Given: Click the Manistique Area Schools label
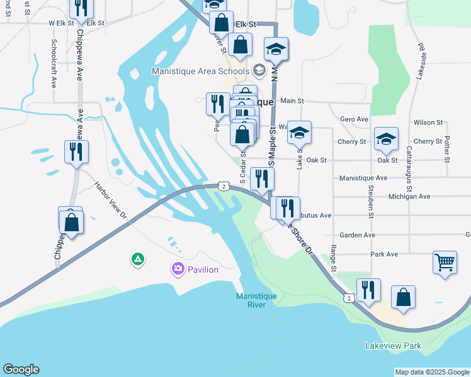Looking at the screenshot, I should pyautogui.click(x=200, y=70).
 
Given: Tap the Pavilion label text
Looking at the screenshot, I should pyautogui.click(x=201, y=270).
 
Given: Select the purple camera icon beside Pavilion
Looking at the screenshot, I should pyautogui.click(x=178, y=270).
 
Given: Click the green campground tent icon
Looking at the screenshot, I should pyautogui.click(x=137, y=258).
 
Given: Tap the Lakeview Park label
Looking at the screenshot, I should pyautogui.click(x=393, y=346).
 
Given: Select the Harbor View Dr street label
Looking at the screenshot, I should pyautogui.click(x=111, y=200).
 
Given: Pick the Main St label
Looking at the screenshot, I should pyautogui.click(x=292, y=101).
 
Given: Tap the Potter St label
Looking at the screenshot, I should pyautogui.click(x=446, y=149).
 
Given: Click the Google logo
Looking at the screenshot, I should pyautogui.click(x=21, y=369).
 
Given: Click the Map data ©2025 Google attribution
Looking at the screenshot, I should pyautogui.click(x=431, y=372).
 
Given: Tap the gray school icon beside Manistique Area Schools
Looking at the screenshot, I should pyautogui.click(x=259, y=70).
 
